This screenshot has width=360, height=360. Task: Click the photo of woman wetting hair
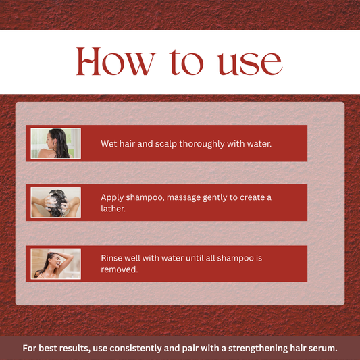55,143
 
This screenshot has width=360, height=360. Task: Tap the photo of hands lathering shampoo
55,202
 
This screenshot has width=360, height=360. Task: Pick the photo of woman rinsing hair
55,263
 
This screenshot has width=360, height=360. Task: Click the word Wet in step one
109,144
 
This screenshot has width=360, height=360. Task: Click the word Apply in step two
112,197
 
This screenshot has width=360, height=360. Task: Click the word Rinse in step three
113,258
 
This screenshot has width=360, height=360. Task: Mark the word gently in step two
225,197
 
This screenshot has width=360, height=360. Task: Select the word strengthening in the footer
250,349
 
